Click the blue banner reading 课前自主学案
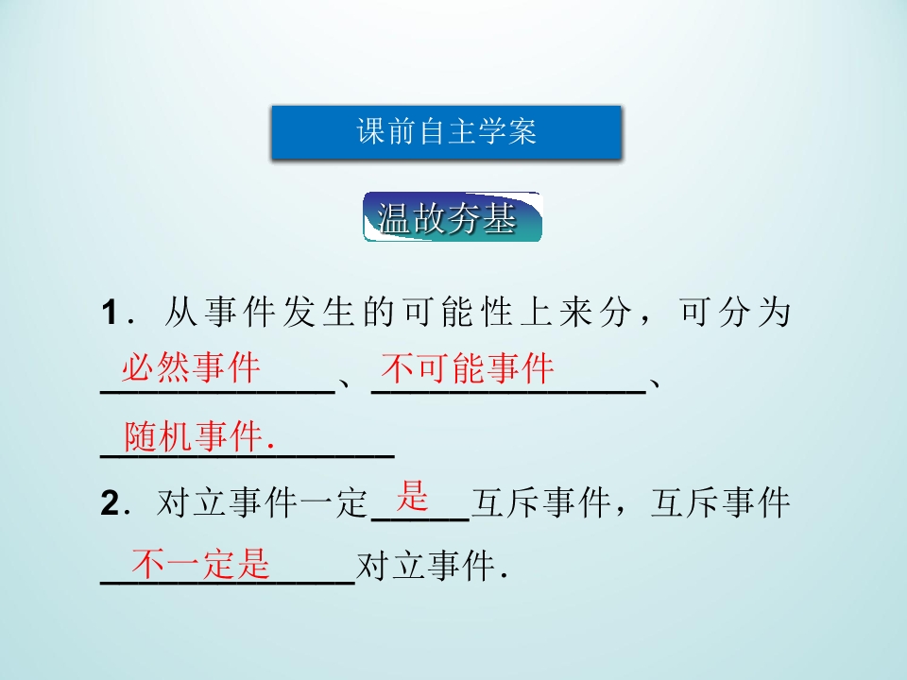(x=446, y=132)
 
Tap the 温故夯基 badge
(x=452, y=218)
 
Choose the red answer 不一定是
(x=200, y=564)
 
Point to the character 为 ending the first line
(x=772, y=313)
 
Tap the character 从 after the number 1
(x=180, y=313)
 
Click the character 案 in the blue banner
(x=522, y=132)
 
